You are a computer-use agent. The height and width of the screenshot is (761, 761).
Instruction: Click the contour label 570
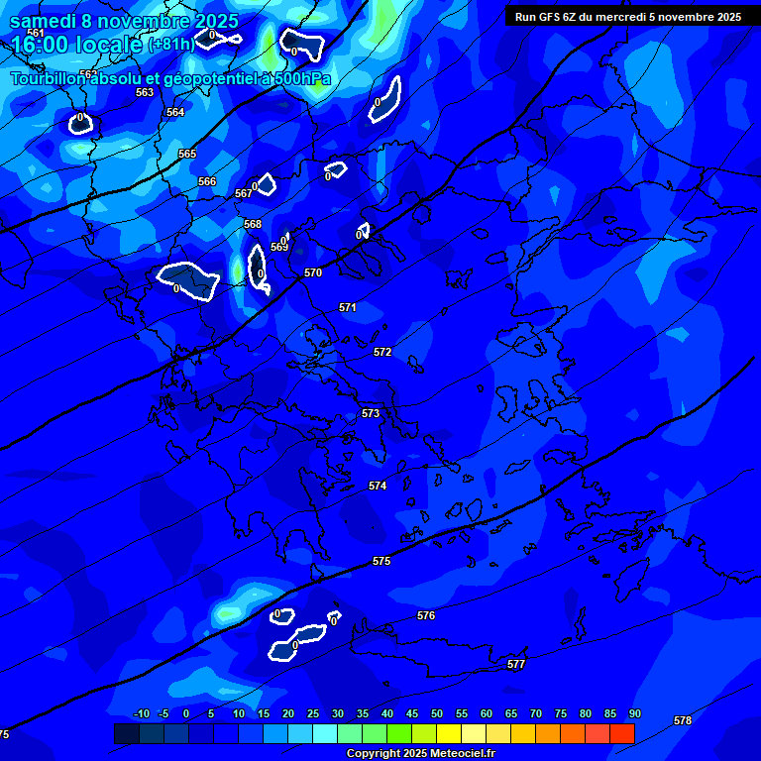313,272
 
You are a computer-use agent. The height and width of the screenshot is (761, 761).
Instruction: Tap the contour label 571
348,308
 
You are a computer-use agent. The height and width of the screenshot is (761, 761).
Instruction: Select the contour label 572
382,352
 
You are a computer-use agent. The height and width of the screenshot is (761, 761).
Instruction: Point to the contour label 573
371,413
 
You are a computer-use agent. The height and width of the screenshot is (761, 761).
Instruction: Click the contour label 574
378,486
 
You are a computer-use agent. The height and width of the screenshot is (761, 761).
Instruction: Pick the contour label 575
381,561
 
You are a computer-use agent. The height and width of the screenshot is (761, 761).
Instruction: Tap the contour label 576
426,615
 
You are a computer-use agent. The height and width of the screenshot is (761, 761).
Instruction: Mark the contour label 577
516,664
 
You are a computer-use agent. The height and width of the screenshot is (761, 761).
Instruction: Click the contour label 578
683,720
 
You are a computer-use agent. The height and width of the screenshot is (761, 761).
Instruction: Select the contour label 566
207,181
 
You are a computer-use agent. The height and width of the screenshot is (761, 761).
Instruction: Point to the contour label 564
175,112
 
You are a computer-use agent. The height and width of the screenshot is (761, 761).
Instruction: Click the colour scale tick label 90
634,714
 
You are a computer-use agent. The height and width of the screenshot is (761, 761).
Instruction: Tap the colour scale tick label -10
142,714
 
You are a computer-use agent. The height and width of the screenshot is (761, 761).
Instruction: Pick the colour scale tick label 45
411,714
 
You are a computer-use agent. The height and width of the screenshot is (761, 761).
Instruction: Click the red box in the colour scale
622,733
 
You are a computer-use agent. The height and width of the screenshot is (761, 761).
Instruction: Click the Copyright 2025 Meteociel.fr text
420,753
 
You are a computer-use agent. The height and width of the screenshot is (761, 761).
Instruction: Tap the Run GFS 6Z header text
628,17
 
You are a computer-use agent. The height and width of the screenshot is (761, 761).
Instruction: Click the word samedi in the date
44,21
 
